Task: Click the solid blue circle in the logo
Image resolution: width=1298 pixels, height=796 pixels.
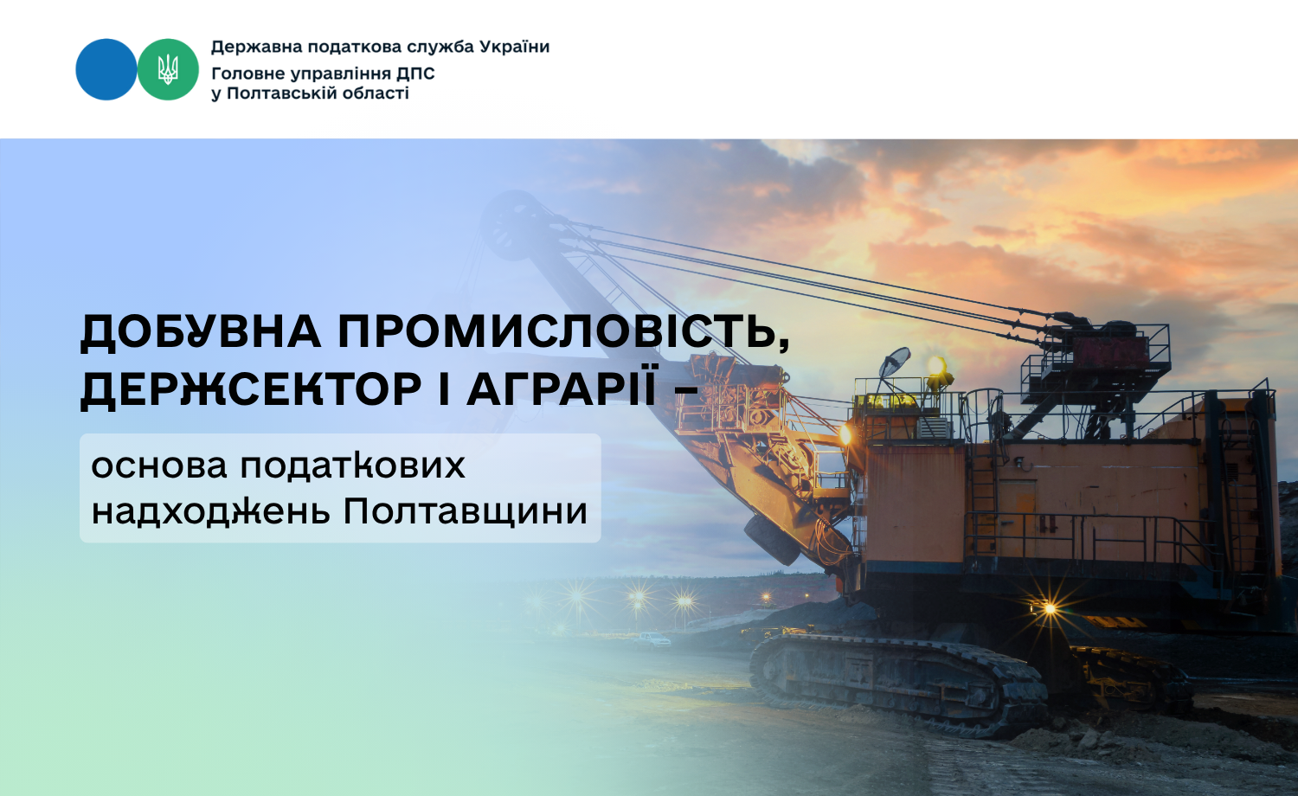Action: [106, 69]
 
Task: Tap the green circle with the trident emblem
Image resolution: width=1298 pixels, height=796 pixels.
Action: [168, 69]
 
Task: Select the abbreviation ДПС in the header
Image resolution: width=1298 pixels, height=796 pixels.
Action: [415, 74]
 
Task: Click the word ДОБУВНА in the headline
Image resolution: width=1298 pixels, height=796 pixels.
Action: [200, 332]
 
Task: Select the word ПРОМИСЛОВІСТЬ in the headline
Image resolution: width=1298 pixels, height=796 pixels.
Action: [564, 332]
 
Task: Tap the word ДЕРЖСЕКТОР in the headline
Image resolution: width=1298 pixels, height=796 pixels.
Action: [250, 388]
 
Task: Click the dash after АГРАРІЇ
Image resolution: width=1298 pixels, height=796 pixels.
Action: [686, 390]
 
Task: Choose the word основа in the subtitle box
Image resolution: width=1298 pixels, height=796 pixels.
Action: [158, 465]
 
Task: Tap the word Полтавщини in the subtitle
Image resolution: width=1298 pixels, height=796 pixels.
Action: [466, 511]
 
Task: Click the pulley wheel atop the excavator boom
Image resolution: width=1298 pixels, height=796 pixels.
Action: [514, 226]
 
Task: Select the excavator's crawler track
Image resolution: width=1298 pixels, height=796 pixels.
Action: [898, 684]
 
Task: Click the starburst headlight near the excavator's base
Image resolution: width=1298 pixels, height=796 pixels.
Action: [1050, 608]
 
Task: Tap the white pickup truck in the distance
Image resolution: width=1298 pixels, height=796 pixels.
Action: [652, 640]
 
